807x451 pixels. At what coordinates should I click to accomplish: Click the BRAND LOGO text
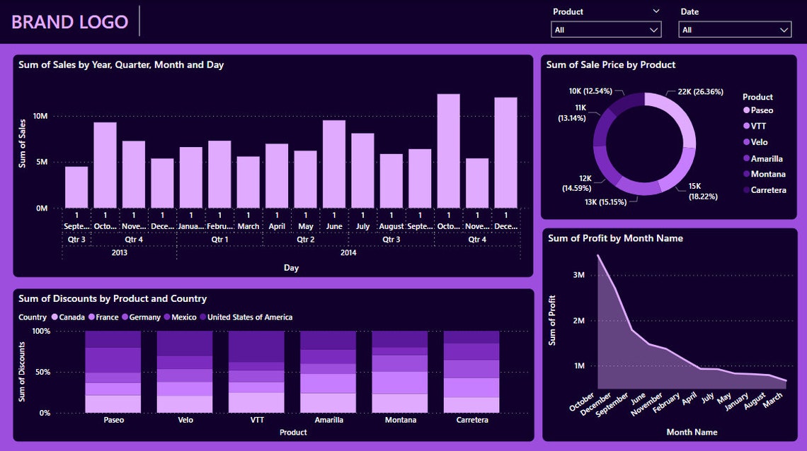pyautogui.click(x=69, y=22)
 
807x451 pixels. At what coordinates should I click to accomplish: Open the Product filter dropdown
pyautogui.click(x=606, y=30)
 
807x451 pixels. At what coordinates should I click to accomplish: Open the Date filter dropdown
pyautogui.click(x=734, y=30)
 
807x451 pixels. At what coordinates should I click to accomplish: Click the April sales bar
pyautogui.click(x=277, y=176)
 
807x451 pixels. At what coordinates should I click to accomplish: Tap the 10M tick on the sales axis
pyautogui.click(x=41, y=117)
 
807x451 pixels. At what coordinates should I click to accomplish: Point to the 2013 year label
pyautogui.click(x=119, y=252)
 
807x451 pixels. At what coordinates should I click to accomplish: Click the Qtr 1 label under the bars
pyautogui.click(x=219, y=240)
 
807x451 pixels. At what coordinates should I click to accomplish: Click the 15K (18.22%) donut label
pyautogui.click(x=703, y=191)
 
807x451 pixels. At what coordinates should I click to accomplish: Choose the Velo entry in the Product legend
pyautogui.click(x=758, y=142)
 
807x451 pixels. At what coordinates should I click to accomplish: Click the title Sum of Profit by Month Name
pyautogui.click(x=615, y=238)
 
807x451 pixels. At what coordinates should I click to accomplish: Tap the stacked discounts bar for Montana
pyautogui.click(x=400, y=371)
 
